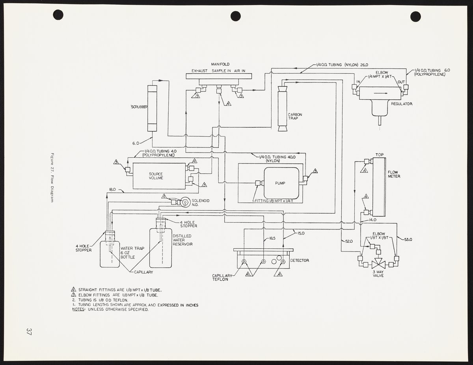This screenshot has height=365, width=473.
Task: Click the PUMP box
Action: click(281, 183)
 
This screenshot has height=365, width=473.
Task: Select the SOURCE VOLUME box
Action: click(159, 176)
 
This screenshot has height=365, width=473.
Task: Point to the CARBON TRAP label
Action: click(295, 117)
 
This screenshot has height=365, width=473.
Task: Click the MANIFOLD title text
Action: click(220, 64)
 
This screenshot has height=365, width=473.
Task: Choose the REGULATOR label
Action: click(402, 104)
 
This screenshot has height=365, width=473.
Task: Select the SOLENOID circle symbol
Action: click(184, 201)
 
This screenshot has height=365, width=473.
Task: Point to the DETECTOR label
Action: click(300, 261)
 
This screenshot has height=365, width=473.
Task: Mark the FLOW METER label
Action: click(394, 174)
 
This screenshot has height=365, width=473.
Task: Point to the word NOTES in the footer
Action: click(78, 309)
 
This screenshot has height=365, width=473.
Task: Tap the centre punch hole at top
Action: click(236, 16)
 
